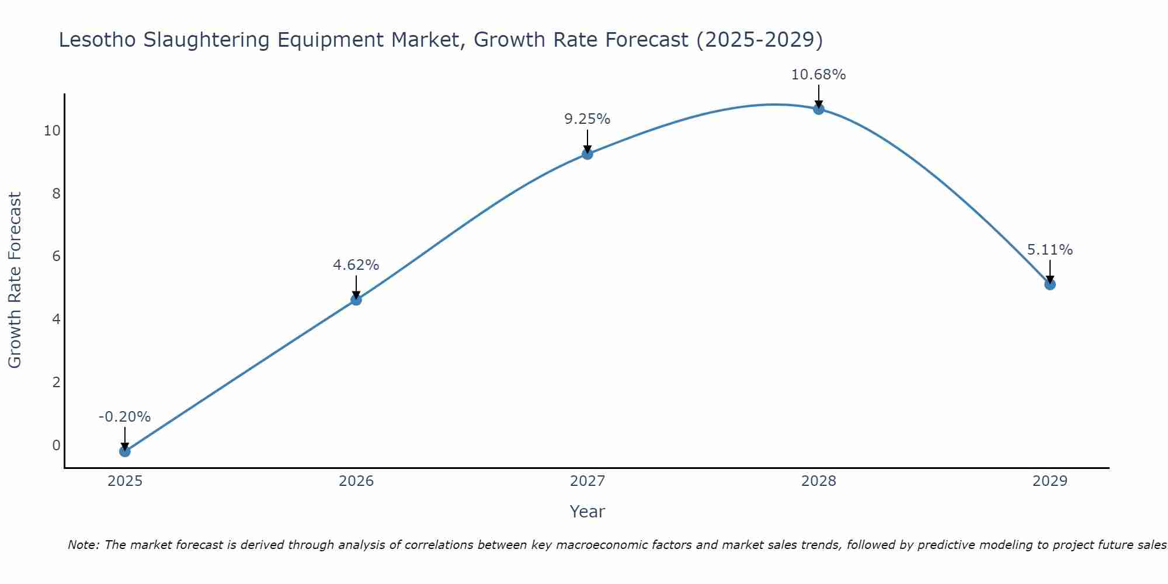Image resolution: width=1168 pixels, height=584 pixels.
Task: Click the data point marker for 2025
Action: pos(124,451)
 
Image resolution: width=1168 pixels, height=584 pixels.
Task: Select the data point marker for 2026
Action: pos(356,300)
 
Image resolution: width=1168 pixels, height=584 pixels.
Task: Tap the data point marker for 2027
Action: pos(587,154)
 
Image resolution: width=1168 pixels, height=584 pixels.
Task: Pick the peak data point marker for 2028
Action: pos(818,109)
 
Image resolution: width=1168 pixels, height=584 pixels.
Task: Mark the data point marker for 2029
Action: pos(1049,284)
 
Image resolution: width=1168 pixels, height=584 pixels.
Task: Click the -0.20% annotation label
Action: pos(124,417)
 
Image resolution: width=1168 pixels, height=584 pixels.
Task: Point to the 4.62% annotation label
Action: pos(356,265)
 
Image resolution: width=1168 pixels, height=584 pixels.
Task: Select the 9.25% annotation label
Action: pos(587,119)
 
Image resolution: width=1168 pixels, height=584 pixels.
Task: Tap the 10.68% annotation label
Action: pos(818,75)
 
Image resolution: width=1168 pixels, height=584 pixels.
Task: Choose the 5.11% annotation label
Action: pos(1049,250)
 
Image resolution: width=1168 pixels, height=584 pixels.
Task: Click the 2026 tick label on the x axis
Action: pos(356,481)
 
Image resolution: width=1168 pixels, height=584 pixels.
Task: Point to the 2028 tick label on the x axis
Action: pos(818,481)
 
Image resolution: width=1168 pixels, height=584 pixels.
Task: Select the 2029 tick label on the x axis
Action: pos(1049,481)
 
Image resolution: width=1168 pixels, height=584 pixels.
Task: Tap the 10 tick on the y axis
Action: pos(52,131)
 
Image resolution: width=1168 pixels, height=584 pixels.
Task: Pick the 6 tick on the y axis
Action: pos(56,256)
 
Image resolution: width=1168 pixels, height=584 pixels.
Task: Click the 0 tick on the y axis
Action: pos(56,446)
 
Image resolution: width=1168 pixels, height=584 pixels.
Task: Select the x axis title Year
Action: pos(587,512)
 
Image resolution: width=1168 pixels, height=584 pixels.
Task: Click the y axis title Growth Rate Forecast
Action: pos(15,280)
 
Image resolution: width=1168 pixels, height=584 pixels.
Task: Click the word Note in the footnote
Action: pos(83,545)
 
